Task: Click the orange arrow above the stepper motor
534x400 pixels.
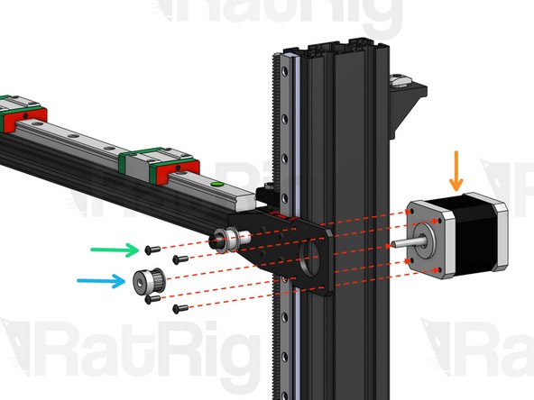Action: coord(457,171)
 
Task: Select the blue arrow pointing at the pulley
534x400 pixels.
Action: coord(101,281)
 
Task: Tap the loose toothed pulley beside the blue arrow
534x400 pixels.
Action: coord(147,281)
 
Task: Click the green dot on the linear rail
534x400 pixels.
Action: coord(215,185)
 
